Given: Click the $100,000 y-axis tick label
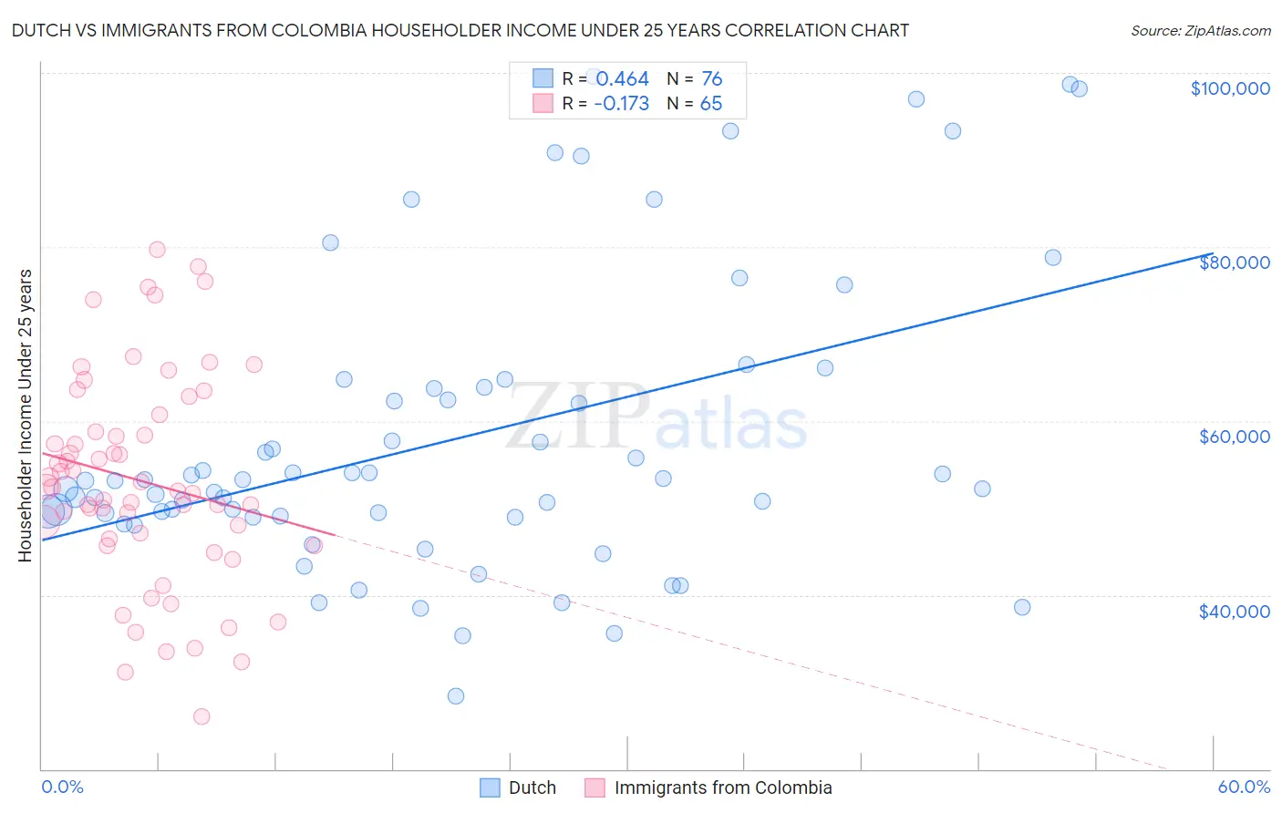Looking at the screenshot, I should pyautogui.click(x=1230, y=88).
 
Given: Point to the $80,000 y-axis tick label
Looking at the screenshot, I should pyautogui.click(x=1234, y=262).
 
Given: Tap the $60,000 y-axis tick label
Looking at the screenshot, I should pyautogui.click(x=1234, y=437).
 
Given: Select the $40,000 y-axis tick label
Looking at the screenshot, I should pyautogui.click(x=1234, y=612).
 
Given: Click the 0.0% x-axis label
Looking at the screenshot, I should pyautogui.click(x=62, y=787).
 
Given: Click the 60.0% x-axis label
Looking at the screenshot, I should pyautogui.click(x=1243, y=787).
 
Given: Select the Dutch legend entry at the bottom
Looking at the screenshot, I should pyautogui.click(x=532, y=787).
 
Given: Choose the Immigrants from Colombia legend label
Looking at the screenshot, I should pyautogui.click(x=722, y=787).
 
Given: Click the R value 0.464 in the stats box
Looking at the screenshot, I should pyautogui.click(x=622, y=79).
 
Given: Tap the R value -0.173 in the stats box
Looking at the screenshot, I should pyautogui.click(x=621, y=104).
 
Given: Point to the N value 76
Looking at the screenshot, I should pyautogui.click(x=711, y=79).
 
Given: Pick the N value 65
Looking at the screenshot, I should pyautogui.click(x=710, y=104).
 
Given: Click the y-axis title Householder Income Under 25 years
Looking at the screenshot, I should pyautogui.click(x=26, y=415).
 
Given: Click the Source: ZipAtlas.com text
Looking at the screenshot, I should pyautogui.click(x=1200, y=31).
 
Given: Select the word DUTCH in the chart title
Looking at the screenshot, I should pyautogui.click(x=38, y=31).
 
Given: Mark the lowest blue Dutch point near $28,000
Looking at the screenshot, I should pyautogui.click(x=456, y=696).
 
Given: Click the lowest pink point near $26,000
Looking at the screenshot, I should pyautogui.click(x=202, y=716).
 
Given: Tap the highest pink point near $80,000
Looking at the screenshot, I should pyautogui.click(x=157, y=250).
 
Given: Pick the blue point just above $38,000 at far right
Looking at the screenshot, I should pyautogui.click(x=1022, y=607).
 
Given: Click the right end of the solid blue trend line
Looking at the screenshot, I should pyautogui.click(x=1212, y=254).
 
